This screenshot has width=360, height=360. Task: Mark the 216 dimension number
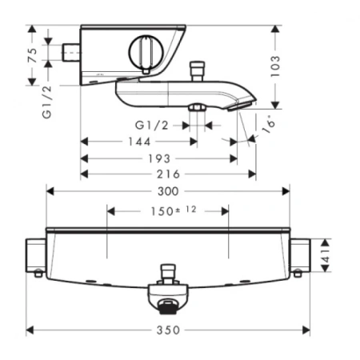(168, 174)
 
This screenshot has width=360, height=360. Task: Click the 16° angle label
(266, 125)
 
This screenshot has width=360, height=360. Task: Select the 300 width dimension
(169, 190)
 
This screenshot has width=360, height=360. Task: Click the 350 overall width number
(169, 329)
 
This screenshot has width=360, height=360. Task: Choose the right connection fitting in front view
(301, 256)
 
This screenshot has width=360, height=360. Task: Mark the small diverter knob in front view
(168, 272)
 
